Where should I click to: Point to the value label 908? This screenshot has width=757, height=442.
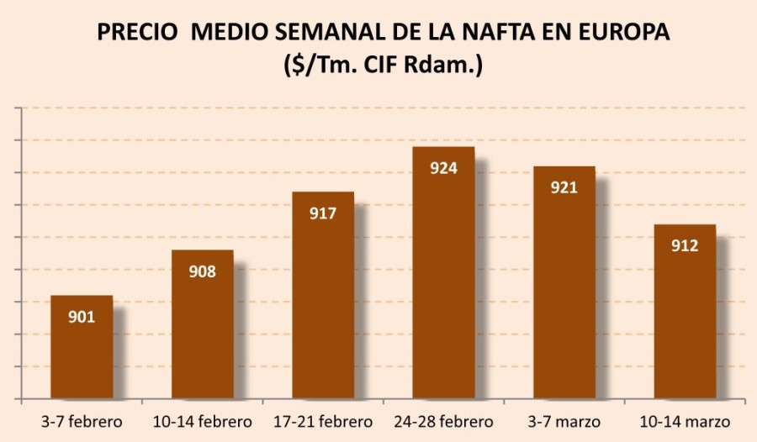[x=203, y=271]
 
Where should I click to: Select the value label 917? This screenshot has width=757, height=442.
[x=323, y=213]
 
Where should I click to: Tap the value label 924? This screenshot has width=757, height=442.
[x=443, y=168]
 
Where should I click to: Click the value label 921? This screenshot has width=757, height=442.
[x=564, y=187]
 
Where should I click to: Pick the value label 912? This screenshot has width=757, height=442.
[x=685, y=246]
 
